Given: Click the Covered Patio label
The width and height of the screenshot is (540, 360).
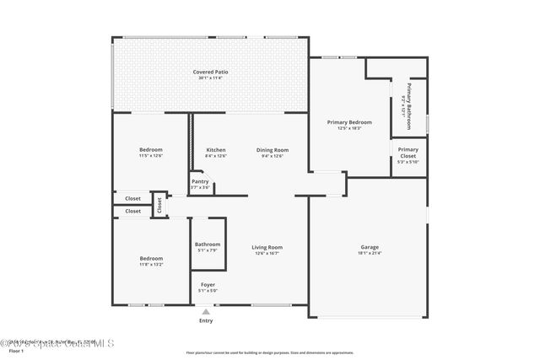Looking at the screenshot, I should (210, 72).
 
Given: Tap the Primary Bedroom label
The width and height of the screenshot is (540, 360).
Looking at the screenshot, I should (349, 122).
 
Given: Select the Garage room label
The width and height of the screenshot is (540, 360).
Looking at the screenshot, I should (370, 247).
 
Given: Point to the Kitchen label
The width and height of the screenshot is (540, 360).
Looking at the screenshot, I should (216, 150).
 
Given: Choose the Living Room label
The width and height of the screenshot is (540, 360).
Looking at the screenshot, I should (266, 247).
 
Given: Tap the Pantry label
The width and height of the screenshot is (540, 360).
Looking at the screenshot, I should (200, 181).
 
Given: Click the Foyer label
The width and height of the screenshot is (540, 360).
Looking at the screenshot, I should (207, 285).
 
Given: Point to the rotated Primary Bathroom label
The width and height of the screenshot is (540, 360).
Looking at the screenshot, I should (409, 105).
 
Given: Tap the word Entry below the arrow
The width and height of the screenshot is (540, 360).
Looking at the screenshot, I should (206, 320).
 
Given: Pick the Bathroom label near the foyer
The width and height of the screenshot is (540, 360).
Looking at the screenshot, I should (208, 244).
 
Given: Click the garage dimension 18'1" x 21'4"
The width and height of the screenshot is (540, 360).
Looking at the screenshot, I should (370, 253).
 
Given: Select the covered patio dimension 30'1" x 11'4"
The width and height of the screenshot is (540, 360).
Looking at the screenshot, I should (210, 78).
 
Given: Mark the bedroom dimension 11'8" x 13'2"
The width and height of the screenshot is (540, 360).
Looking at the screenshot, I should (151, 264).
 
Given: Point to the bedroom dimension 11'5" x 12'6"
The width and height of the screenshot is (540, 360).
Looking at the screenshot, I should (151, 156).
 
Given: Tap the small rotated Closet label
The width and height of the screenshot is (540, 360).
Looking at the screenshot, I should (159, 204).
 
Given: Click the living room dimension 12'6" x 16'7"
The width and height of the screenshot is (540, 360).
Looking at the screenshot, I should (266, 253).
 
